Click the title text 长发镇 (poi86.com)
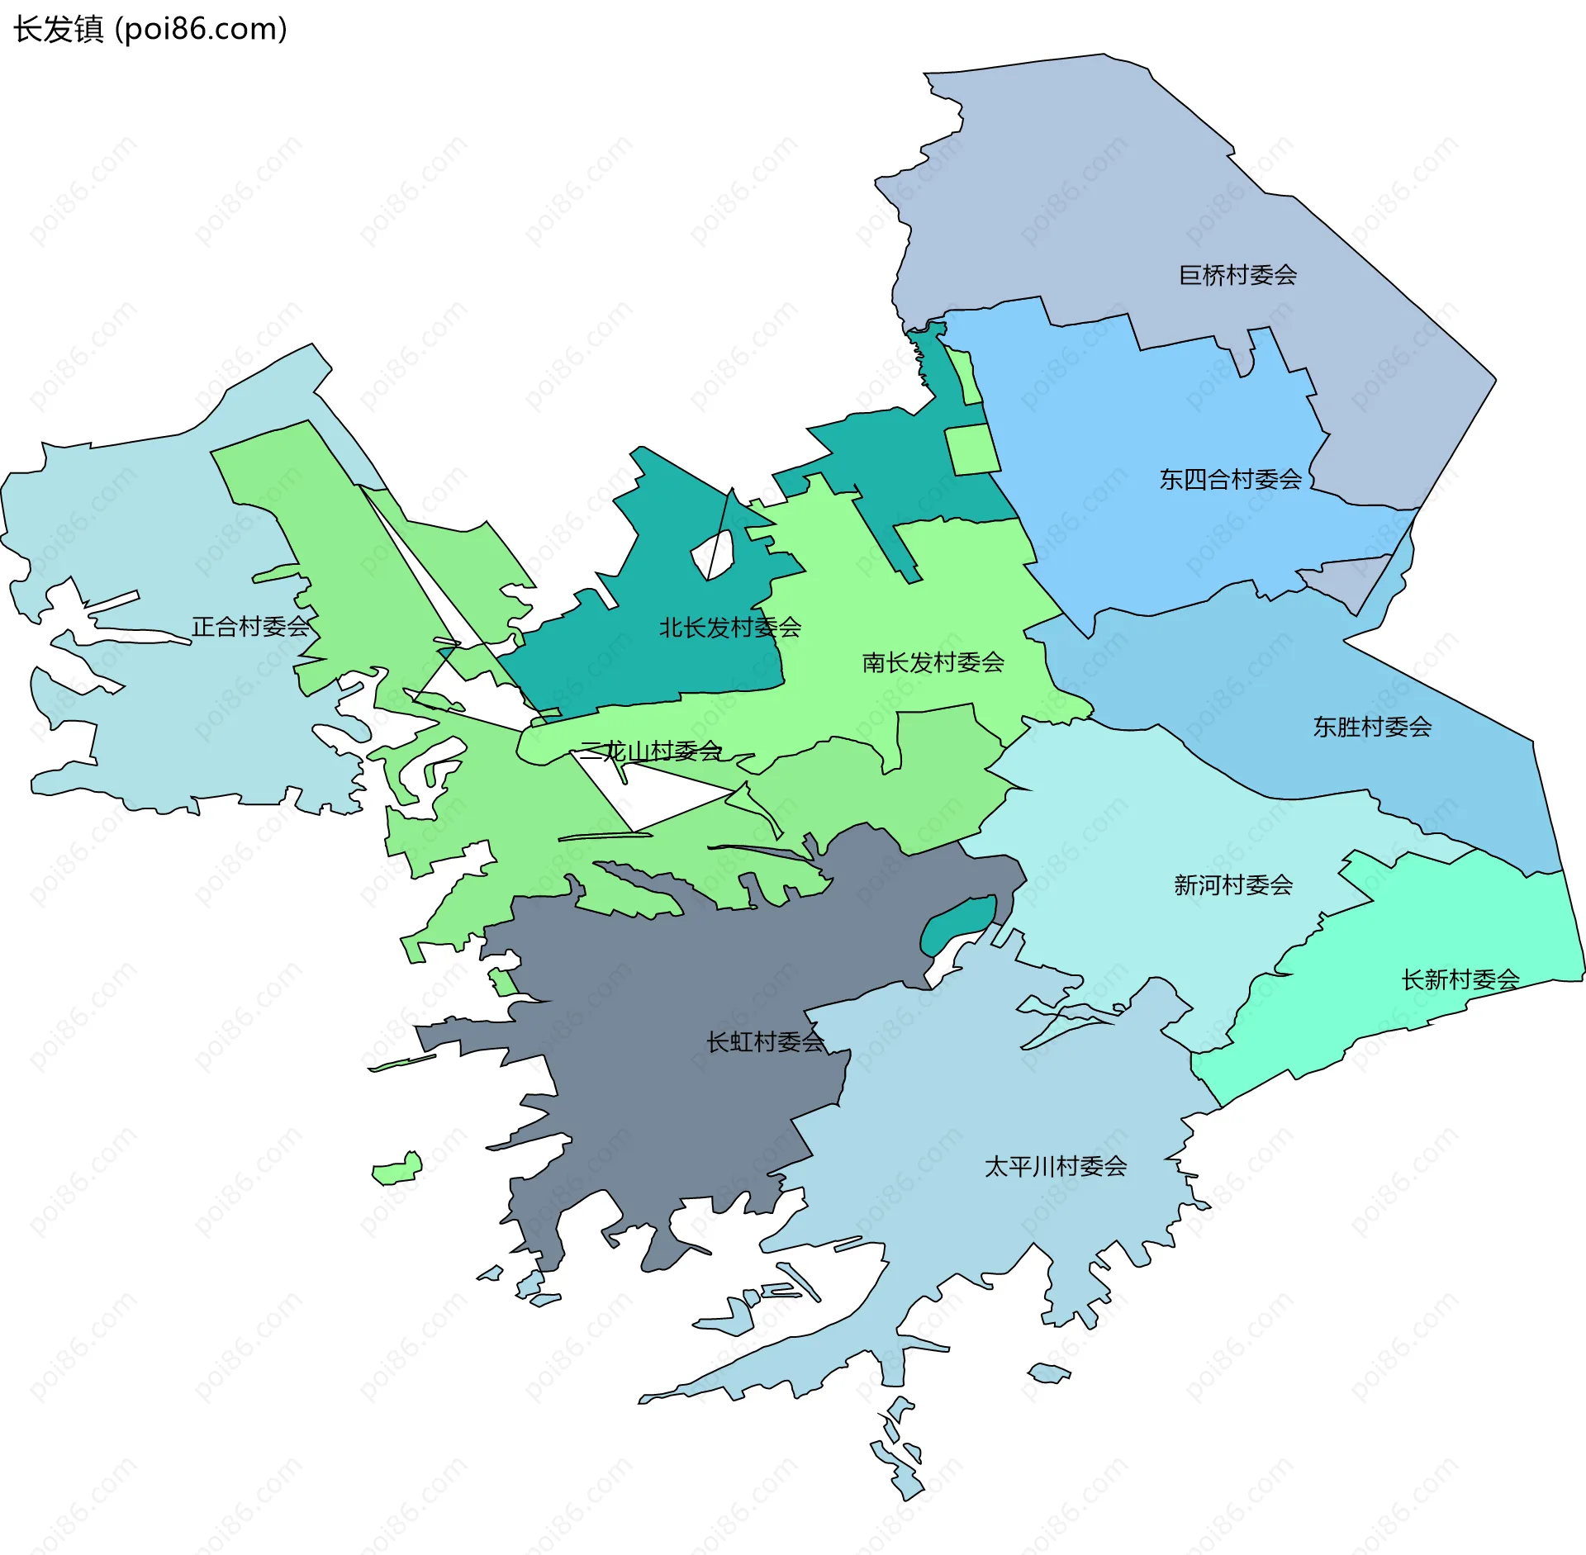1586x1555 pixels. point(150,29)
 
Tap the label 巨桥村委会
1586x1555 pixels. point(1237,275)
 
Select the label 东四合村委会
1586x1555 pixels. point(1230,479)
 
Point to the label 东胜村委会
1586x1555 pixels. point(1372,727)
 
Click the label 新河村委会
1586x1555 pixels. point(1233,885)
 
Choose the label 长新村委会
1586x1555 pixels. point(1460,979)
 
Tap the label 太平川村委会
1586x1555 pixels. point(1056,1166)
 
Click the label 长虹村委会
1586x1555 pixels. point(765,1042)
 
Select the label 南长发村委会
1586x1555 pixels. point(933,662)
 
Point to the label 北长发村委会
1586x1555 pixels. point(730,628)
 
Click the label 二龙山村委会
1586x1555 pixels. point(651,751)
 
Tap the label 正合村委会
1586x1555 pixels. point(250,627)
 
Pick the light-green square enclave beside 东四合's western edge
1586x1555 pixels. point(971,449)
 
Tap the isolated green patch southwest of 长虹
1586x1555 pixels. point(397,1169)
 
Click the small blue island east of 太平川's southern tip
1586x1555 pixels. point(1048,1373)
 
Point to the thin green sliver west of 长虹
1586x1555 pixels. point(402,1063)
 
